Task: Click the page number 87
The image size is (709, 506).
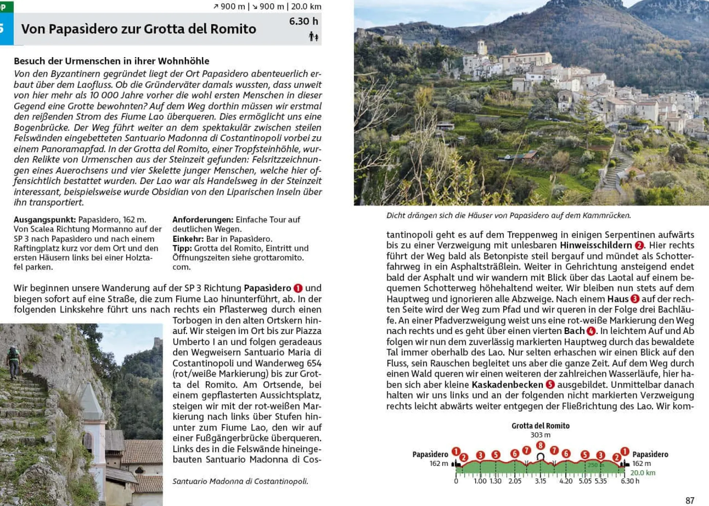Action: (x=690, y=500)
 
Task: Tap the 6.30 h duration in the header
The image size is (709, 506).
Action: (x=303, y=21)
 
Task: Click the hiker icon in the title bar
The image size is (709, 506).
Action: (x=313, y=37)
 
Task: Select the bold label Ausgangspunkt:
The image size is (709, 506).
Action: (x=45, y=220)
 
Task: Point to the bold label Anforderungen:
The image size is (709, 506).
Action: (x=202, y=220)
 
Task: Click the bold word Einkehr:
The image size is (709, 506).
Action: (x=188, y=239)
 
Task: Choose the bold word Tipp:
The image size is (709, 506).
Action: (x=182, y=248)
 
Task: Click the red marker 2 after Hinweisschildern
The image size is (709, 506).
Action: (x=639, y=245)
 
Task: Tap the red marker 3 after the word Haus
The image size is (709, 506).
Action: (x=635, y=299)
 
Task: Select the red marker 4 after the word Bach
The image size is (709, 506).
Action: (x=591, y=331)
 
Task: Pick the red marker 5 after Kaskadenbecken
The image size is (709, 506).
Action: (x=550, y=385)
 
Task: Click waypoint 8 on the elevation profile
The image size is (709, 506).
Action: (x=541, y=445)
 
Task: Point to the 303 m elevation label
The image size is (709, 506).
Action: (x=540, y=435)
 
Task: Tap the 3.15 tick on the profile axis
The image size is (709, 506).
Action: (x=540, y=481)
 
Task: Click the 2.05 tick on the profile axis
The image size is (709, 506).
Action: (x=515, y=481)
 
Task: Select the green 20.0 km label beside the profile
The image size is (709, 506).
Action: (x=642, y=473)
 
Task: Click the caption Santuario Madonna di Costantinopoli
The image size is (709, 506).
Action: (x=240, y=481)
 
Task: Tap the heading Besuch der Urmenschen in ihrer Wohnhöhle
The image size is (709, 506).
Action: (x=111, y=61)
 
